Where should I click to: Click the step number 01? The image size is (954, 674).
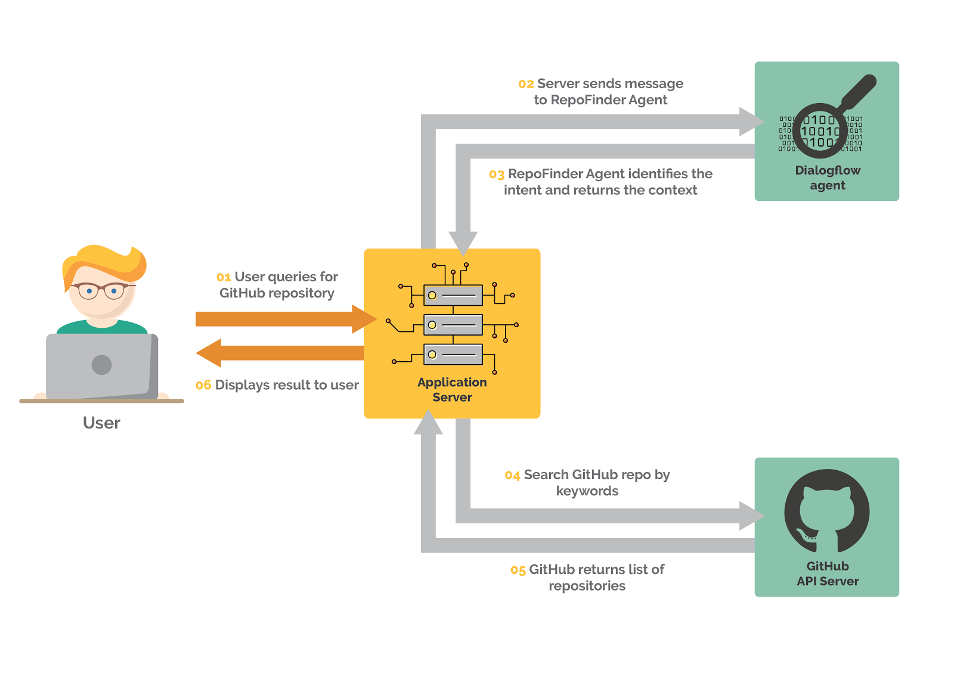point(224,278)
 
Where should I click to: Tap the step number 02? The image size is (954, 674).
point(525,85)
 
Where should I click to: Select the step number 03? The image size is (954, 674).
point(496,175)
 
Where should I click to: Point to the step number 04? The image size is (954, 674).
point(512,476)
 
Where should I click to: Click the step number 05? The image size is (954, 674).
point(518,571)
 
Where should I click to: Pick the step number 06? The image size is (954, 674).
point(203,386)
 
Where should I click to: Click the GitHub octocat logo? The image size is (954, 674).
point(826,510)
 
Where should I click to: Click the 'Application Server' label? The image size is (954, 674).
point(452,390)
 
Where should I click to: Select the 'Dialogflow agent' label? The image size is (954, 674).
point(827,178)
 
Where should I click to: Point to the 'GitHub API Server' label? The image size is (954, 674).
point(827,574)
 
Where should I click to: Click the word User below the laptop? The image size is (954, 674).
point(101,423)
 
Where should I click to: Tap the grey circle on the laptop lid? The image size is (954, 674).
point(102,365)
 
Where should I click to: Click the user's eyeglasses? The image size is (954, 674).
point(101,291)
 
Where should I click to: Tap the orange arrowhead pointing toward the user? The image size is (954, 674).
point(210,353)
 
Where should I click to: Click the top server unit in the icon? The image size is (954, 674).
point(453,295)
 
